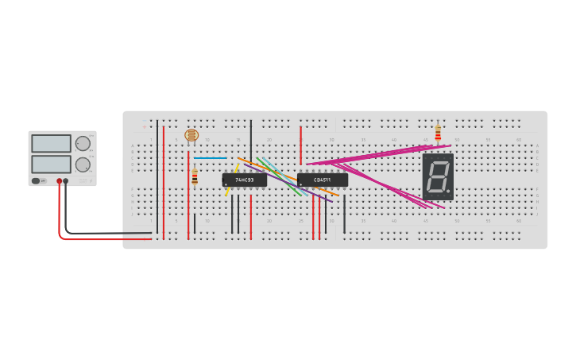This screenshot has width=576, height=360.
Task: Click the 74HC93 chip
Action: coord(244,180)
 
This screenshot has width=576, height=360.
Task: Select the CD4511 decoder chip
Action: coord(322,180)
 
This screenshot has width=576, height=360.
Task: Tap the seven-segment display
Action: coord(438,176)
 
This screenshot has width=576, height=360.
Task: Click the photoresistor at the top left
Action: coord(191,135)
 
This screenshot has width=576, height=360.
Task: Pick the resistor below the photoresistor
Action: coord(195,176)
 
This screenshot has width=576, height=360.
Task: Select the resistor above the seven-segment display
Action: coord(438,134)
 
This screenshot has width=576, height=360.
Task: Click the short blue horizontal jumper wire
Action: coord(210,157)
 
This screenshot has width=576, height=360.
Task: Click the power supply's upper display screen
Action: coord(51,144)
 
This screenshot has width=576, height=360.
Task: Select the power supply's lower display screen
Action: coord(51,164)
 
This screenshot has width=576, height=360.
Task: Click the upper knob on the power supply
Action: coord(83,144)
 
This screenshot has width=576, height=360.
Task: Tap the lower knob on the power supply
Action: coord(83,165)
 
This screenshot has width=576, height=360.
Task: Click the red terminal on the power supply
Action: coord(59,181)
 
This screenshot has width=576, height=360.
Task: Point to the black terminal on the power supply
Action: coord(66,181)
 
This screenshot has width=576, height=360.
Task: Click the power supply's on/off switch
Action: coord(37,181)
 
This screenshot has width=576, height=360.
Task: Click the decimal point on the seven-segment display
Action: coord(450,193)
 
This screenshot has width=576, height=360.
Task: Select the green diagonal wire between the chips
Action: coord(280,176)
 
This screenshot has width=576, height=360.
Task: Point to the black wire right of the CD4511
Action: coord(344,215)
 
